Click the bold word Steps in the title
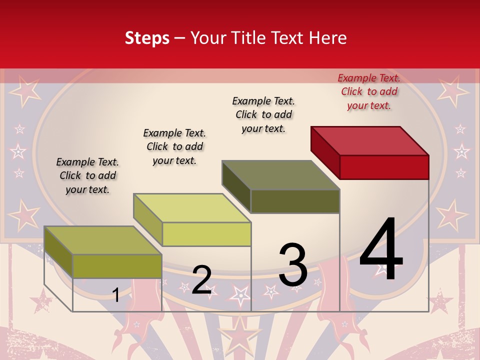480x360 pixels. pos(147,38)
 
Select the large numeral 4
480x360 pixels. pos(381,249)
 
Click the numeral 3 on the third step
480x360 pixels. pos(293,265)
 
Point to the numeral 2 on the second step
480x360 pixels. pos(201,280)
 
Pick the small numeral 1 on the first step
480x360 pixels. pos(115,295)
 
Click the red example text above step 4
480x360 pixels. pos(369,91)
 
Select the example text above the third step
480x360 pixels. pos(263,114)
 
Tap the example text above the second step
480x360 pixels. pos(174,146)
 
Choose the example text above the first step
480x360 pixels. pos(87,175)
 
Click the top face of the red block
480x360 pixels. pos(370,140)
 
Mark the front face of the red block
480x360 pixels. pos(384,167)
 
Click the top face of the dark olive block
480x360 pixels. pos(281,175)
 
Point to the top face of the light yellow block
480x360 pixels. pos(192,208)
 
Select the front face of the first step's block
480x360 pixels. pos(117,266)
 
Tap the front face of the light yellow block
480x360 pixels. pos(206,234)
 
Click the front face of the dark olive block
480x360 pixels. pos(295,201)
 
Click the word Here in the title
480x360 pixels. pos(327,38)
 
